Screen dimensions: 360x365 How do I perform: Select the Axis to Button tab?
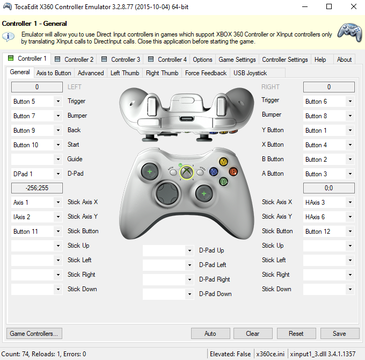pyautogui.click(x=54, y=73)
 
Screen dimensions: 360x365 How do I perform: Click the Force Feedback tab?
pyautogui.click(x=206, y=73)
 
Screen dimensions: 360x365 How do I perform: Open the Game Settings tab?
pyautogui.click(x=237, y=60)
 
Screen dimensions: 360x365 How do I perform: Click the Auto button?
pyautogui.click(x=210, y=334)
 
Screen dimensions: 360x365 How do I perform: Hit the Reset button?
pyautogui.click(x=296, y=334)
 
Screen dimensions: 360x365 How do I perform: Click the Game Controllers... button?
pyautogui.click(x=34, y=334)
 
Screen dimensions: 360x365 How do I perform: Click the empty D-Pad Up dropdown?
pyautogui.click(x=168, y=251)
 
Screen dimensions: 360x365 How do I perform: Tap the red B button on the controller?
pyautogui.click(x=233, y=171)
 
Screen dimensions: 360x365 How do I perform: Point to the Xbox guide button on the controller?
pyautogui.click(x=186, y=172)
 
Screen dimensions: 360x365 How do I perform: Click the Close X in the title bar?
pyautogui.click(x=353, y=7)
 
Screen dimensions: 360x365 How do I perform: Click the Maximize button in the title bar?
pyautogui.click(x=329, y=7)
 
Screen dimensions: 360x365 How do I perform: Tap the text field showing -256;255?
pyautogui.click(x=37, y=188)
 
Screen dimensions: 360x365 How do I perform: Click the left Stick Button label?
pyautogui.click(x=83, y=231)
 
